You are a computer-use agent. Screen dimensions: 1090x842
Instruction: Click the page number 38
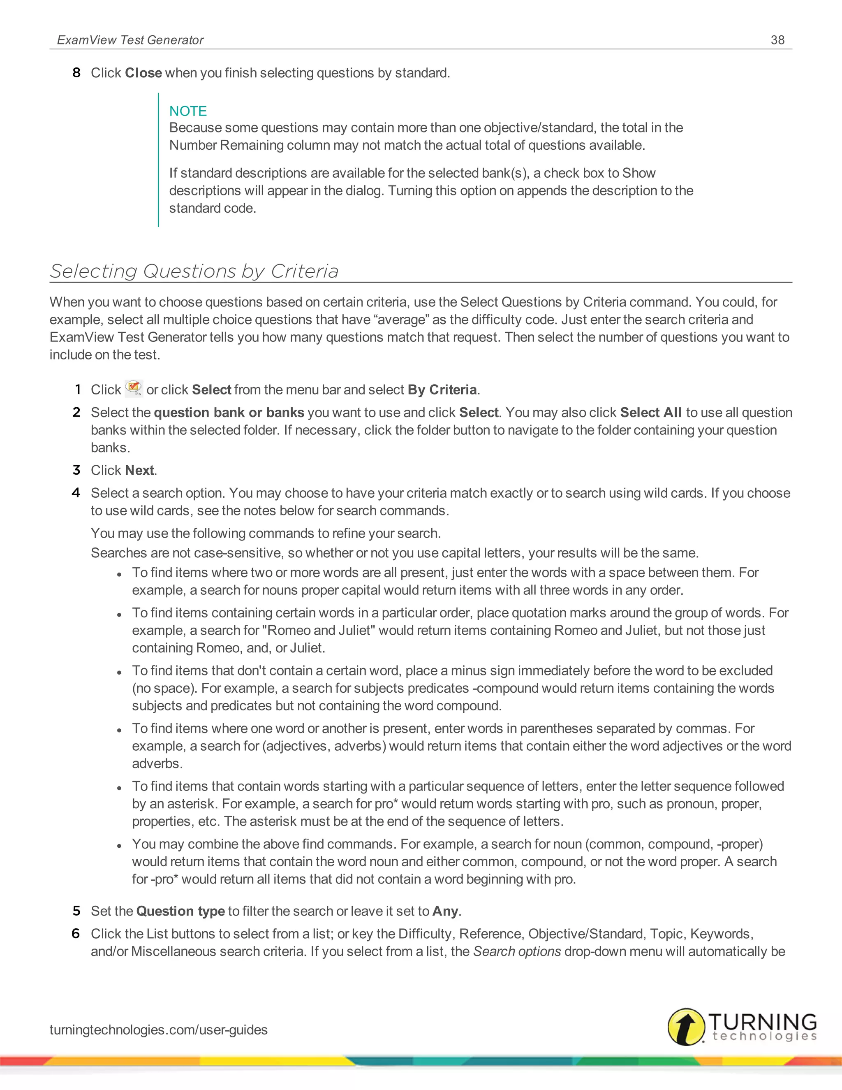click(777, 40)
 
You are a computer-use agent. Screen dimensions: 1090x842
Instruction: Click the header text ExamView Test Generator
click(130, 40)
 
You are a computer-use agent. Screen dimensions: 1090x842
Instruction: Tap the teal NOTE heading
click(187, 111)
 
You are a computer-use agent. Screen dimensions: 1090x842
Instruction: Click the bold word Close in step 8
click(143, 73)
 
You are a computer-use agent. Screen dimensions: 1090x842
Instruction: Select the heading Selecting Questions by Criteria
click(194, 271)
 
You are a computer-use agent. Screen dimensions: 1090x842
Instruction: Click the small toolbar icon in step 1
click(134, 388)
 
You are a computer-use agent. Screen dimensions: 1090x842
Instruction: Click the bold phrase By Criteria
click(442, 390)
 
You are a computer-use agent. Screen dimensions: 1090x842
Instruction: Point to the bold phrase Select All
click(650, 413)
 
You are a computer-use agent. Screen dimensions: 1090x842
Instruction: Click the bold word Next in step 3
click(139, 471)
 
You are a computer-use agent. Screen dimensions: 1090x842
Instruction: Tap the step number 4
click(76, 493)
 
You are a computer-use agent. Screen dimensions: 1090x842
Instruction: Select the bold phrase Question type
click(180, 911)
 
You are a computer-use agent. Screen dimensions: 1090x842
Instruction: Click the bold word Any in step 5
click(445, 911)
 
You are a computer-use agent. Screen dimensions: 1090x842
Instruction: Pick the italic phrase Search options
click(517, 952)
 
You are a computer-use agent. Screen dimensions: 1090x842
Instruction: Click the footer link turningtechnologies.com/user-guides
click(158, 1030)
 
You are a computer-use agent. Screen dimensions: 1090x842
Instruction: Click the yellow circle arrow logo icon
click(686, 1027)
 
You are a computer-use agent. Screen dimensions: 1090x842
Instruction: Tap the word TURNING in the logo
click(762, 1021)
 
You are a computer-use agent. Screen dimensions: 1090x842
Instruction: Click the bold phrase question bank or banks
click(229, 413)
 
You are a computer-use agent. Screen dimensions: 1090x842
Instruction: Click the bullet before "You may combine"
click(119, 846)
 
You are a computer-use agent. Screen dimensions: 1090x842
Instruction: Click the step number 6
click(76, 934)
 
